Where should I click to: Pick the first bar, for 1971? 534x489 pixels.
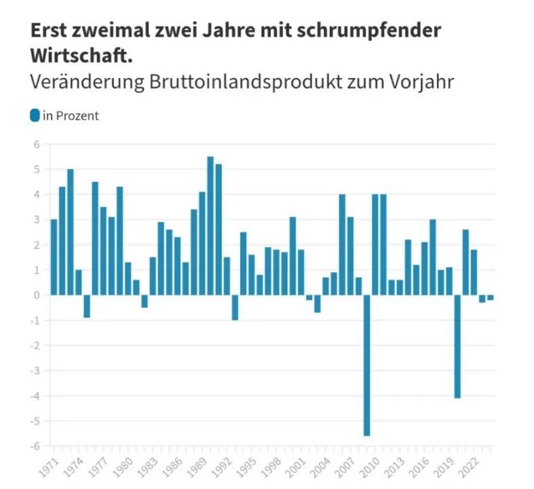54,257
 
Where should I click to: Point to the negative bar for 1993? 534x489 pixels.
235,307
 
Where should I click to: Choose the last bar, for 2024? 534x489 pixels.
490,297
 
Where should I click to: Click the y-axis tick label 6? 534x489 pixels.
38,144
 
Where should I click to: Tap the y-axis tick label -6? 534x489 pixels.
36,446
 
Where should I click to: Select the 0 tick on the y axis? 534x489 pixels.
38,295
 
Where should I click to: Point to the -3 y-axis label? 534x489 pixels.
36,371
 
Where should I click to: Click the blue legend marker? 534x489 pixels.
35,115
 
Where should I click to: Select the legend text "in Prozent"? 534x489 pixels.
71,116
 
